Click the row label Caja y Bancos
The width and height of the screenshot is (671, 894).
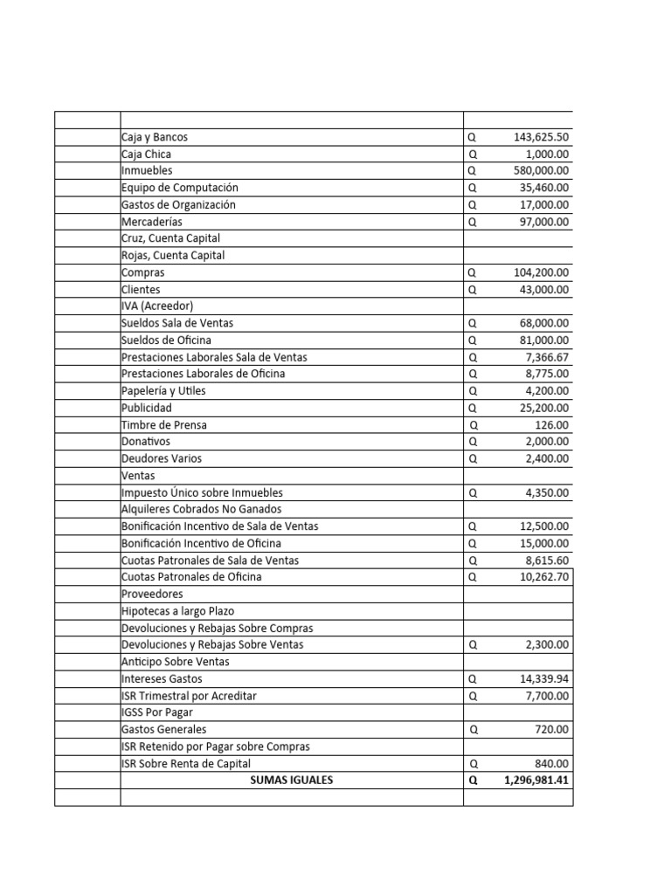pos(155,137)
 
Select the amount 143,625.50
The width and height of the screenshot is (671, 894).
pos(541,137)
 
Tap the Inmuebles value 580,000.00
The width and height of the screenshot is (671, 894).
pos(541,171)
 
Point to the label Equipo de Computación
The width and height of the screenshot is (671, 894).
pos(179,188)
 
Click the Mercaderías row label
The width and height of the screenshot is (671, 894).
pos(152,222)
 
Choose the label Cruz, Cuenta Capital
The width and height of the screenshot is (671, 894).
pos(170,238)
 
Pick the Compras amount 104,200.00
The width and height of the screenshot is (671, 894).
pos(541,272)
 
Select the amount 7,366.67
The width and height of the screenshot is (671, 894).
pos(549,357)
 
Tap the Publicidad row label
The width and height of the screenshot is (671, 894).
pos(147,408)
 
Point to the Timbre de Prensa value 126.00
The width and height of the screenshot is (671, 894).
pos(552,425)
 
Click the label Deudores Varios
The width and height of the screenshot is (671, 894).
pos(162,458)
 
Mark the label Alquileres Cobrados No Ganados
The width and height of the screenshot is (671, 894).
pos(201,509)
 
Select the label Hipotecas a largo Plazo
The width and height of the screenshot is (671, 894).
pos(178,610)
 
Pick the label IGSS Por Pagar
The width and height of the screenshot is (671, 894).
pos(157,712)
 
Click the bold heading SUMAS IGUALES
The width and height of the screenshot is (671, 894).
pos(291,780)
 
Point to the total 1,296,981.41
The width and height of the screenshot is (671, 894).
pos(536,780)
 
